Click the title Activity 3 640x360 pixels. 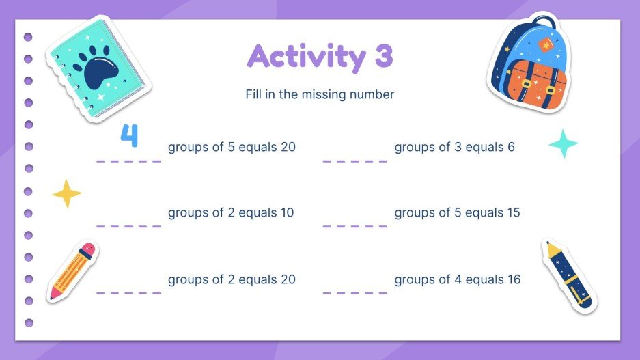pyautogui.click(x=320, y=57)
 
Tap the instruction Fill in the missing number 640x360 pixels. pyautogui.click(x=320, y=95)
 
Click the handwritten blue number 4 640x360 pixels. pyautogui.click(x=129, y=136)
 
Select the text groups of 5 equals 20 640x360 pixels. pyautogui.click(x=232, y=147)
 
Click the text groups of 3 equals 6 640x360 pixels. pyautogui.click(x=454, y=147)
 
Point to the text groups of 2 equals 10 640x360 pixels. pyautogui.click(x=231, y=212)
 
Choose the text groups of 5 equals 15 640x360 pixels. pyautogui.click(x=457, y=212)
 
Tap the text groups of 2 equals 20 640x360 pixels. pyautogui.click(x=232, y=279)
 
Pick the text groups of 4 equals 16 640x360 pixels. pyautogui.click(x=457, y=279)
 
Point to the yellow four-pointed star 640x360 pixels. pyautogui.click(x=67, y=194)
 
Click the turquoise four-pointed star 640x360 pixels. pyautogui.click(x=564, y=144)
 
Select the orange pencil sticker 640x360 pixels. pyautogui.click(x=72, y=271)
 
